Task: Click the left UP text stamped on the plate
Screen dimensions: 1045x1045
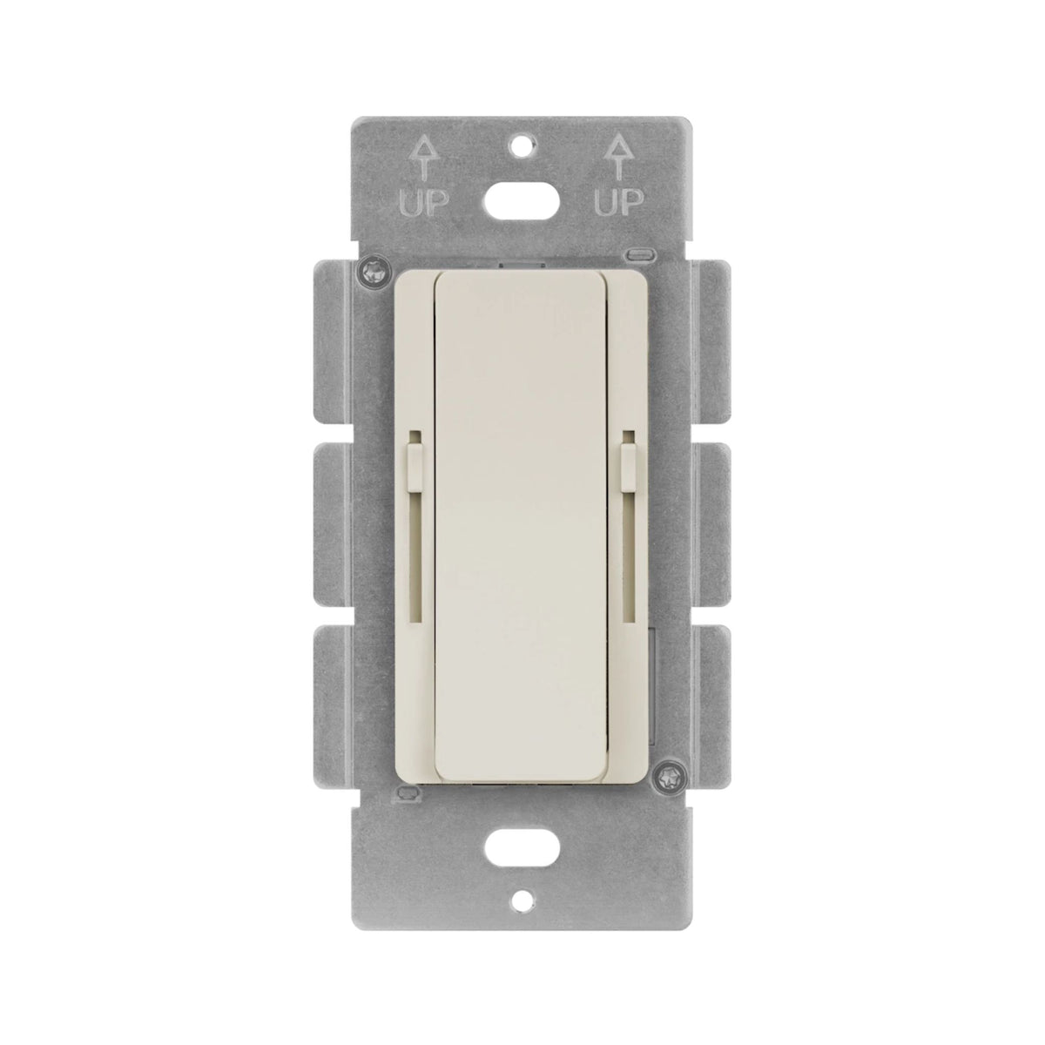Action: pyautogui.click(x=425, y=203)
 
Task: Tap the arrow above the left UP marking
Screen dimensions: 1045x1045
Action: pyautogui.click(x=425, y=161)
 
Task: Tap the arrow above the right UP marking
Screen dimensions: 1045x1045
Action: pyautogui.click(x=618, y=160)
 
